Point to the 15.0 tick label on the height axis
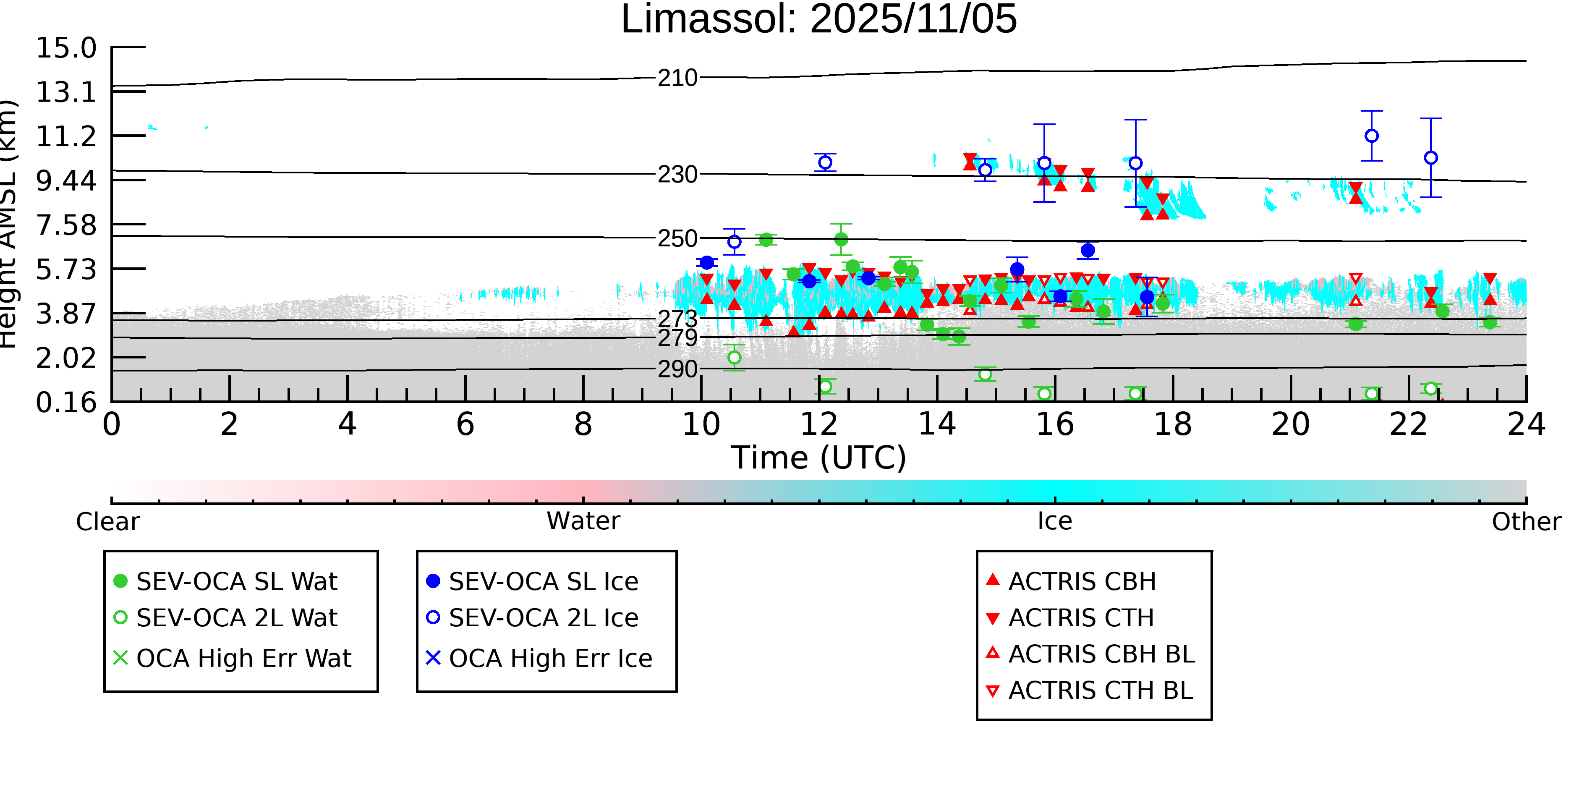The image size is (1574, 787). coord(66,48)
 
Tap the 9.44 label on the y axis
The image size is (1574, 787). coord(66,181)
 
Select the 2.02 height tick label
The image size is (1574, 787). coord(66,358)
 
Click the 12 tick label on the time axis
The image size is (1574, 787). coord(819,424)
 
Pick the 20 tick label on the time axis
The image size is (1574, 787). coord(1291,424)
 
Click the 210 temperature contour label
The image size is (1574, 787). coord(677,78)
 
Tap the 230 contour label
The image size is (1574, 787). coord(677,175)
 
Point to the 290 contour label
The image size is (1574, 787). coord(677,369)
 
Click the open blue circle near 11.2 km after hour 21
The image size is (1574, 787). coord(1372,136)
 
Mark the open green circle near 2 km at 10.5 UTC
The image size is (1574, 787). coord(735,358)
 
